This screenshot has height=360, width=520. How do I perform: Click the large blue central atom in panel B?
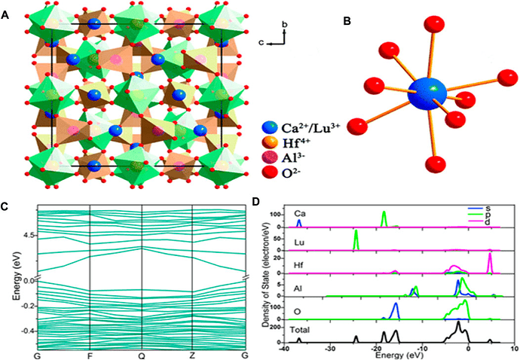pos(427,96)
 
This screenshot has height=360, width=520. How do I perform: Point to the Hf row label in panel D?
pos(299,264)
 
